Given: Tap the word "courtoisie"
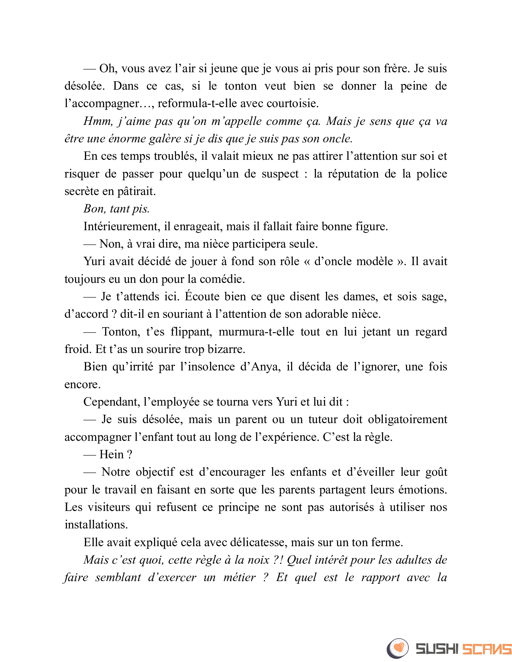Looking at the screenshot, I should pyautogui.click(x=292, y=104).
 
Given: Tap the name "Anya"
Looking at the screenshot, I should pyautogui.click(x=264, y=367).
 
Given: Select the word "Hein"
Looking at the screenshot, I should pyautogui.click(x=111, y=455).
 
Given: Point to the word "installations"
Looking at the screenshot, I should pyautogui.click(x=96, y=525).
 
